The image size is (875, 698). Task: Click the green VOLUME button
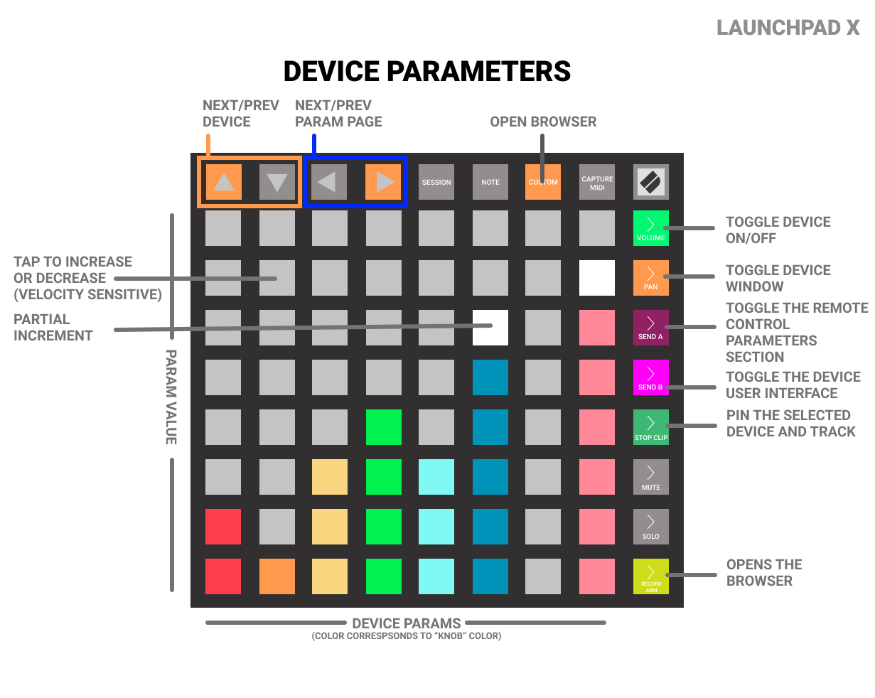650,228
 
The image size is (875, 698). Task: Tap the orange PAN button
650,278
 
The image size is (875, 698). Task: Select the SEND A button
650,328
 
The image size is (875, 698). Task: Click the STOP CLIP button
650,427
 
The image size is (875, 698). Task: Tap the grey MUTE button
650,477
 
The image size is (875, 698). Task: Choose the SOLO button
650,527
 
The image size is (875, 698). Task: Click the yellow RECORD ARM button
650,576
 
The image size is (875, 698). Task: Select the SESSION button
436,182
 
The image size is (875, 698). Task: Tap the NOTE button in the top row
490,182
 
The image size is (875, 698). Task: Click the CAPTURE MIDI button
597,182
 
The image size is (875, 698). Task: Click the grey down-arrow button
277,182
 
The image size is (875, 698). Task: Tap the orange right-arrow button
384,182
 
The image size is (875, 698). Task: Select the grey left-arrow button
329,182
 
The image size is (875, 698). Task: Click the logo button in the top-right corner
650,182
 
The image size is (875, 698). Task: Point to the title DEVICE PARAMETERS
427,72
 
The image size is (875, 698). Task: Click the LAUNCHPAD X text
788,28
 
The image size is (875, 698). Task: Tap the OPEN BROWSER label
543,122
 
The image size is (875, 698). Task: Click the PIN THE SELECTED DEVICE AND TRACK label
790,424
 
